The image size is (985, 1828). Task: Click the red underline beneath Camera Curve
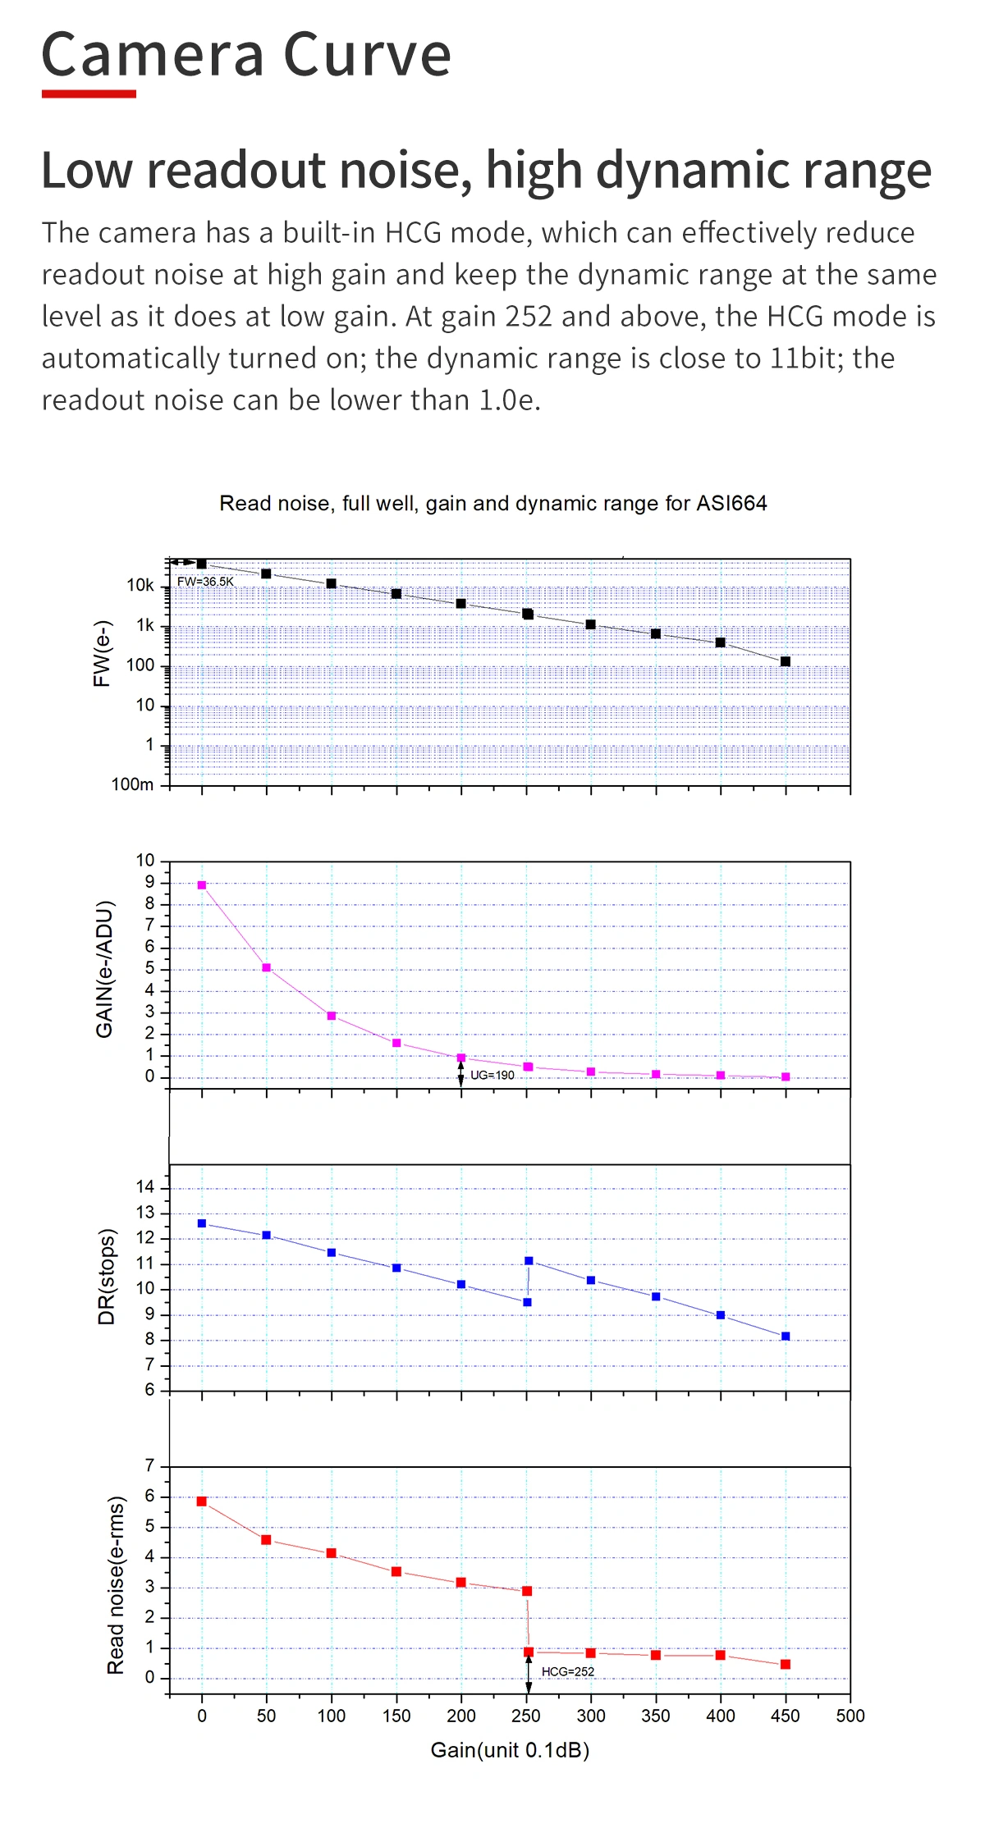click(89, 94)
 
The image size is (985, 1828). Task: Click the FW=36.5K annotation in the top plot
click(205, 582)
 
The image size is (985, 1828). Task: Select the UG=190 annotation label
click(492, 1075)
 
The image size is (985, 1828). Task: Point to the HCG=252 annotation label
click(567, 1671)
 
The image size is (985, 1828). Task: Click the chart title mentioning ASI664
click(492, 503)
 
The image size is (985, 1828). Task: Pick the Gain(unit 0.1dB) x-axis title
click(510, 1750)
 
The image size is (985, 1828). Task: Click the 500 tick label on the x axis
click(850, 1716)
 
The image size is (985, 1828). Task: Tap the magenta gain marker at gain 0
click(202, 885)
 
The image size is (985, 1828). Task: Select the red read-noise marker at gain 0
click(202, 1501)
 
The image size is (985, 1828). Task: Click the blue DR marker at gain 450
click(786, 1337)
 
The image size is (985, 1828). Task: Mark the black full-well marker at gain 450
click(786, 661)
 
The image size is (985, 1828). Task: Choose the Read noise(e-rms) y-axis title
click(116, 1585)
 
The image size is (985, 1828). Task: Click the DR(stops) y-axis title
click(107, 1277)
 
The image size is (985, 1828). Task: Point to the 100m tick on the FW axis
click(132, 784)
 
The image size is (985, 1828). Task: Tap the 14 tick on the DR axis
click(145, 1187)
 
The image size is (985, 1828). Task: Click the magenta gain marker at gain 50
click(267, 968)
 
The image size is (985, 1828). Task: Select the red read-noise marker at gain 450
click(786, 1664)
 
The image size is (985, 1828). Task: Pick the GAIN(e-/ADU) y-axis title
click(104, 969)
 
